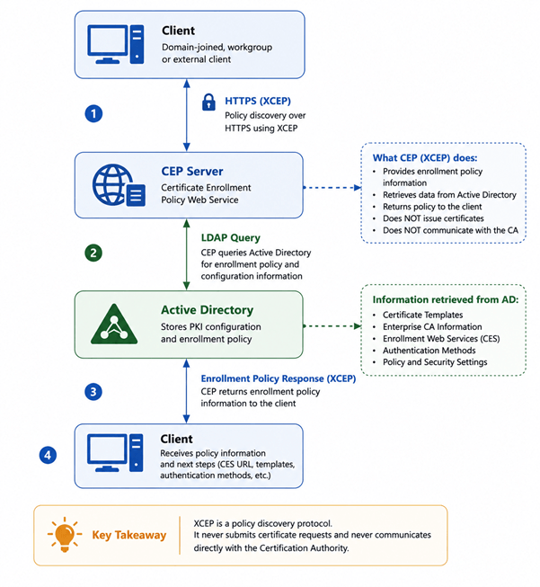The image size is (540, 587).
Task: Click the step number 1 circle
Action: pos(93,113)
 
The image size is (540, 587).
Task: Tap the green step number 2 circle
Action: pos(93,253)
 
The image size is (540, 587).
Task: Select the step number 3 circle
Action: pos(93,392)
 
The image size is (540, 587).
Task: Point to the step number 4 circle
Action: pos(48,455)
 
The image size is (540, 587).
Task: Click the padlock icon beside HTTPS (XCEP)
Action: pos(208,102)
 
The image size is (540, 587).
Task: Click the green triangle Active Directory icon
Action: pos(114,325)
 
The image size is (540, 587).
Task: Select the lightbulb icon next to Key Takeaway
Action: pos(65,535)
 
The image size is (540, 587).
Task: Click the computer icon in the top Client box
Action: pos(116,44)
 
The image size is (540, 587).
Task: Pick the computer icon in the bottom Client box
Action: pos(115,453)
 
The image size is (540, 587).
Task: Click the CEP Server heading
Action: pos(192,171)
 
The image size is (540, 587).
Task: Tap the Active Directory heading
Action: pos(207,310)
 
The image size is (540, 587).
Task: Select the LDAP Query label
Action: pos(231,237)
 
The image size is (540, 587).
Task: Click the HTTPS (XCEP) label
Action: pos(258,101)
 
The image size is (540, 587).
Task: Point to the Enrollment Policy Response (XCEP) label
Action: pos(278,378)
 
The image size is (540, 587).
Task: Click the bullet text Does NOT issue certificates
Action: pos(433,218)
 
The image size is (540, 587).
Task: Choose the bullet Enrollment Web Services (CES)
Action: pos(441,338)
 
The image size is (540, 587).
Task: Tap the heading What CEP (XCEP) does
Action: pos(425,157)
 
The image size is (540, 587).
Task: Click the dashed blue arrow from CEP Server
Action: pos(332,187)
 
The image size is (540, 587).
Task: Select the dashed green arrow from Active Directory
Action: pos(332,326)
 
